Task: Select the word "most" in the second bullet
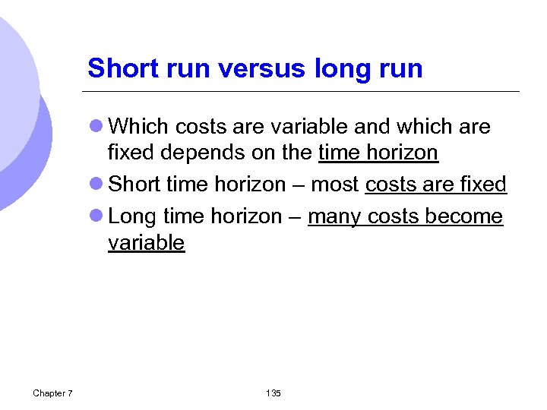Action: point(335,184)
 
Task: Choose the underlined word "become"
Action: point(463,216)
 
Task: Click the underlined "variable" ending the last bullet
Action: point(146,243)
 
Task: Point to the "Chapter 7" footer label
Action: point(52,393)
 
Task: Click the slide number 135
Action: point(273,393)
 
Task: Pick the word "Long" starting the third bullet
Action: point(133,216)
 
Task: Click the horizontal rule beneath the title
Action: point(304,92)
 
